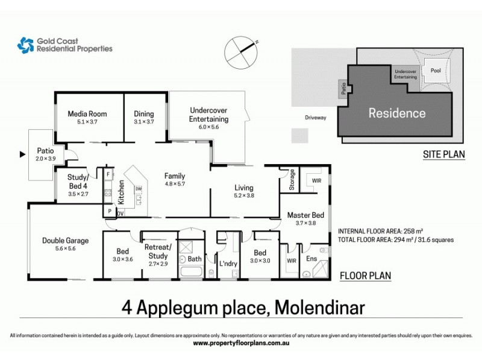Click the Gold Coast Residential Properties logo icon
coord(25,45)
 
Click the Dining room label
coord(144,113)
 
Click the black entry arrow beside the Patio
coord(23,155)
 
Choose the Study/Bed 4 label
coord(79,181)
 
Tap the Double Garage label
coord(65,241)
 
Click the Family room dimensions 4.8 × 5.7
coord(175,185)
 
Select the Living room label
coord(244,188)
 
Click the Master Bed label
coord(302,215)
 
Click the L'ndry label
coord(228,264)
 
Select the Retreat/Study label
coord(158,251)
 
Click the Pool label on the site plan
coord(436,70)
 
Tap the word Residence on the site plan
coord(396,113)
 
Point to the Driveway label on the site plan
coord(315,118)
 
